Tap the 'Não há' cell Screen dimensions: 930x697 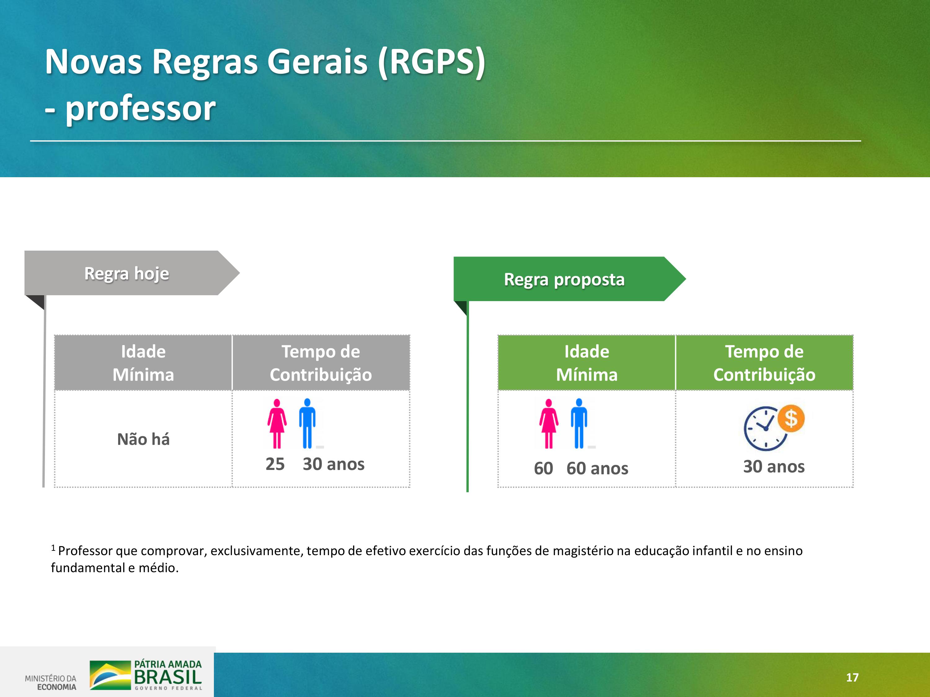coord(143,439)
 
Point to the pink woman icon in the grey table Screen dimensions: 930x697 coord(277,423)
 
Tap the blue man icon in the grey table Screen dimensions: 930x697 coord(307,423)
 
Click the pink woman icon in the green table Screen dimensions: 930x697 coord(549,423)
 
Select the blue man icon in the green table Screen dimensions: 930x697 coord(579,423)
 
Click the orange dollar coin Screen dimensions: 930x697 coord(791,419)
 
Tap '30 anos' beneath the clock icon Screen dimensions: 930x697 coord(773,466)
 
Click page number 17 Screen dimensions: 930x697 coord(852,677)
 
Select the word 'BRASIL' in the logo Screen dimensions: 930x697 coord(168,677)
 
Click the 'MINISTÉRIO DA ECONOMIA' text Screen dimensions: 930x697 coord(51,682)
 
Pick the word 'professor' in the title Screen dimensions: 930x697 coord(140,108)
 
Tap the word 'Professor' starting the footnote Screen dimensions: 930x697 coord(85,551)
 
